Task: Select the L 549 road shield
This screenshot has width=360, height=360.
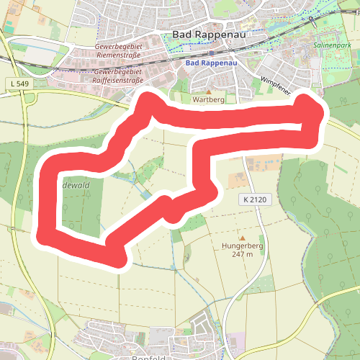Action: click(x=21, y=85)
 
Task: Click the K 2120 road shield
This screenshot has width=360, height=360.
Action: click(x=253, y=199)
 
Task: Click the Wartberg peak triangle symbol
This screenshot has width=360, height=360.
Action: click(x=210, y=92)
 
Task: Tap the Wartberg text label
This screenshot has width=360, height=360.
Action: click(x=210, y=101)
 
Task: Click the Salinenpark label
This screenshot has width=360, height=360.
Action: click(x=332, y=45)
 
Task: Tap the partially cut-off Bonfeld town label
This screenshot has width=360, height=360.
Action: click(x=150, y=357)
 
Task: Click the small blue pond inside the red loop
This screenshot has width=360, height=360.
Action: click(x=146, y=194)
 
